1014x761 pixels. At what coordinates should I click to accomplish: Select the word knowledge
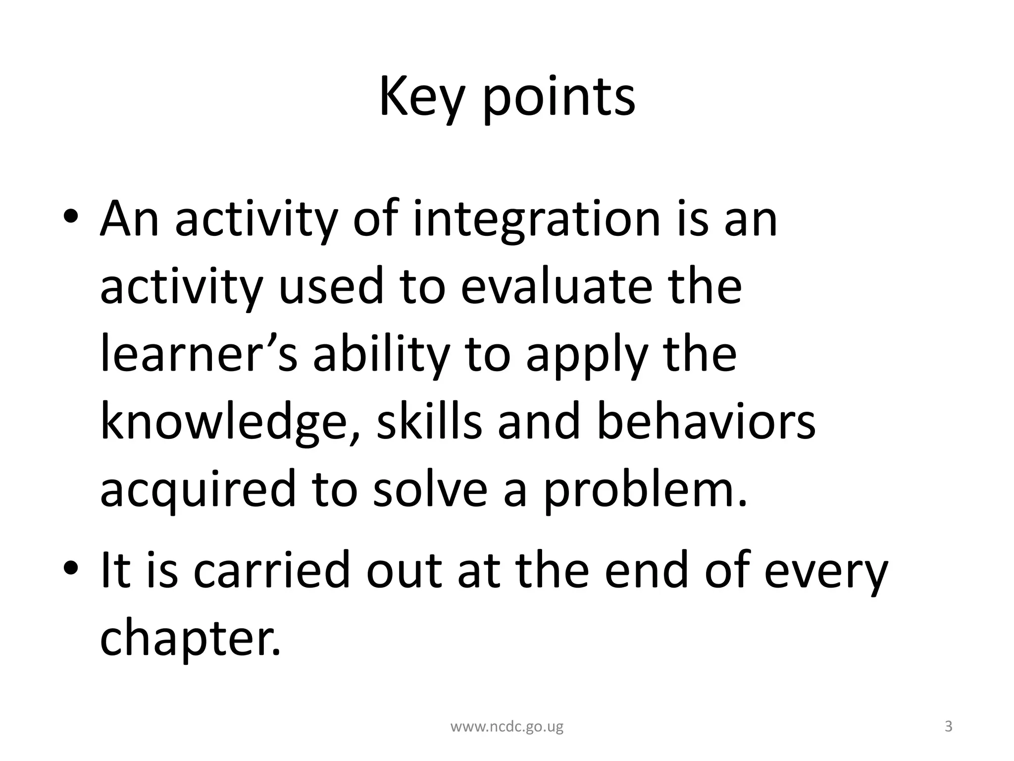[x=223, y=423]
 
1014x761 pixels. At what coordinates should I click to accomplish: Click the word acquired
[x=198, y=490]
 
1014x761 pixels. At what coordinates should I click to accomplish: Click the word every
[x=826, y=573]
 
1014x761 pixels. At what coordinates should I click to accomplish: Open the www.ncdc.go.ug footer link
[x=507, y=727]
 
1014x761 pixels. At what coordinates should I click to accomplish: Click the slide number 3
[x=948, y=727]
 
